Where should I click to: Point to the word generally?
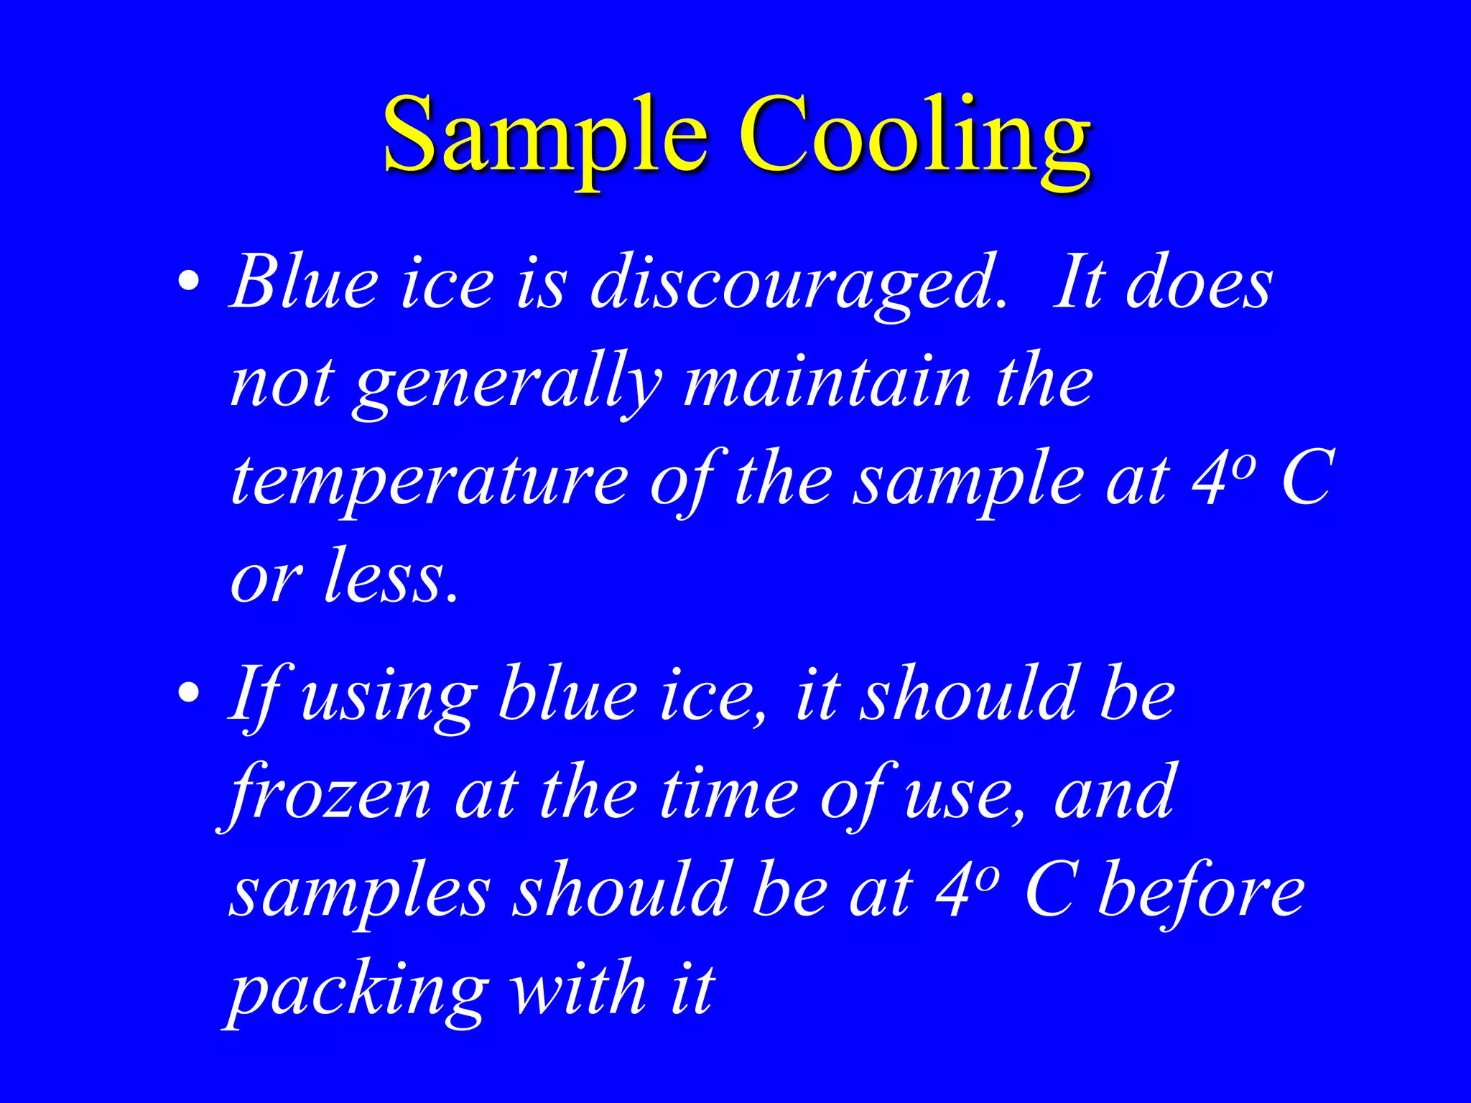(507, 385)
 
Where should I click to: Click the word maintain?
(826, 381)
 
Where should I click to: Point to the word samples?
(359, 894)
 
